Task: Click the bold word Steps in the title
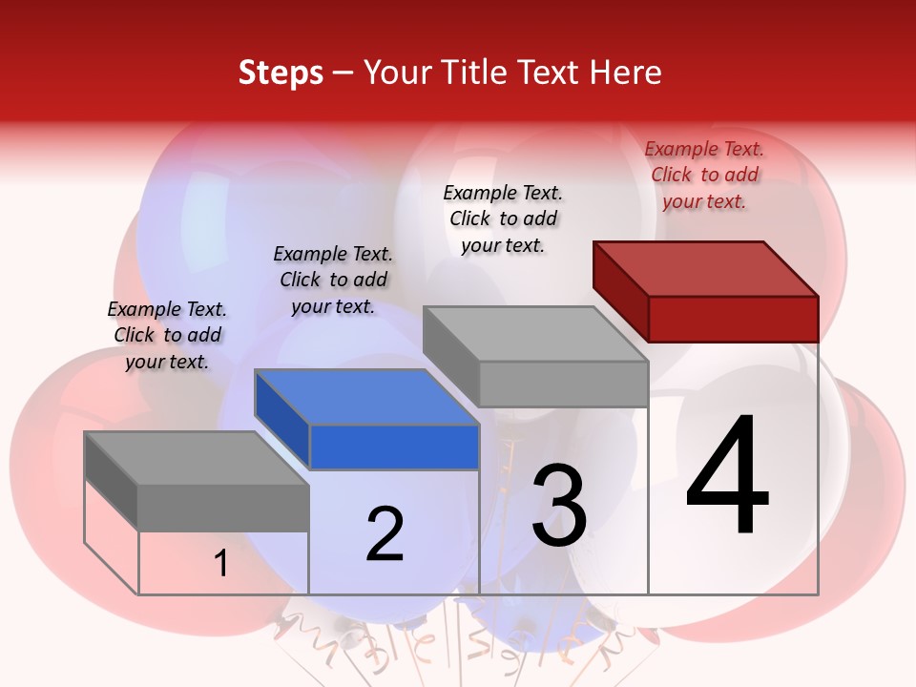pyautogui.click(x=281, y=73)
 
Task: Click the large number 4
pyautogui.click(x=728, y=476)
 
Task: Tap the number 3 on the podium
pyautogui.click(x=559, y=506)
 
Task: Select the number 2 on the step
pyautogui.click(x=385, y=534)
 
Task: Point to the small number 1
pyautogui.click(x=221, y=563)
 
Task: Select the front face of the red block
pyautogui.click(x=733, y=319)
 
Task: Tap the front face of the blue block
pyautogui.click(x=394, y=448)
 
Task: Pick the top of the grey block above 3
pyautogui.click(x=534, y=334)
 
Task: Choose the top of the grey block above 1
pyautogui.click(x=197, y=458)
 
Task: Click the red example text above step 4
pyautogui.click(x=704, y=175)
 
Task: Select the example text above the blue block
pyautogui.click(x=333, y=280)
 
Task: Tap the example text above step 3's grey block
pyautogui.click(x=503, y=219)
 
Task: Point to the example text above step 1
pyautogui.click(x=167, y=335)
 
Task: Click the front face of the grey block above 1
pyautogui.click(x=223, y=508)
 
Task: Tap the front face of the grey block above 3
pyautogui.click(x=563, y=384)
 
